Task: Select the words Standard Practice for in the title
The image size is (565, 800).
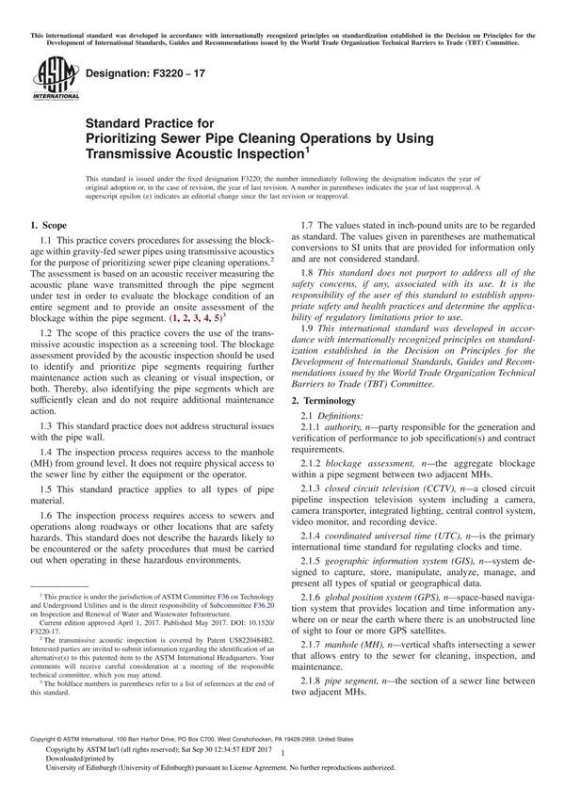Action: pos(152,123)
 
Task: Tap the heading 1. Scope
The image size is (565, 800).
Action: pos(49,227)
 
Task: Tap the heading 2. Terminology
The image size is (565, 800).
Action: pos(333,400)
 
